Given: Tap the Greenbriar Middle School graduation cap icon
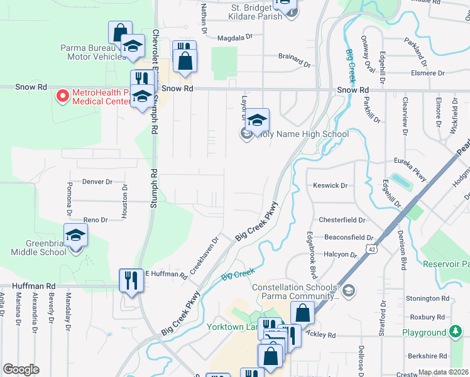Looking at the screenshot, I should [x=75, y=235].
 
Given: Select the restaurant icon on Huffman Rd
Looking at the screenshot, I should [x=131, y=280].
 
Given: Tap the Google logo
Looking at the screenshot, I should [x=21, y=369].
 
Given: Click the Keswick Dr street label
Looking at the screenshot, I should [x=330, y=185].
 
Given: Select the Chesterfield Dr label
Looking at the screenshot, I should [x=342, y=220].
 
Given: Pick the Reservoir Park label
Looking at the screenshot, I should [x=446, y=264].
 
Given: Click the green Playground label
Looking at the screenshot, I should [x=424, y=332].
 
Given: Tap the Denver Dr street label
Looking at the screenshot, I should [x=97, y=182].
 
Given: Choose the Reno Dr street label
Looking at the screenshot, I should [x=96, y=220].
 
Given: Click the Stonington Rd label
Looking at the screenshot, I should [x=427, y=299].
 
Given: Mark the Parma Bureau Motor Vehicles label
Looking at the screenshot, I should [x=93, y=52].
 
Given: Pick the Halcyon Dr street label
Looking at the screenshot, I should [x=341, y=254].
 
